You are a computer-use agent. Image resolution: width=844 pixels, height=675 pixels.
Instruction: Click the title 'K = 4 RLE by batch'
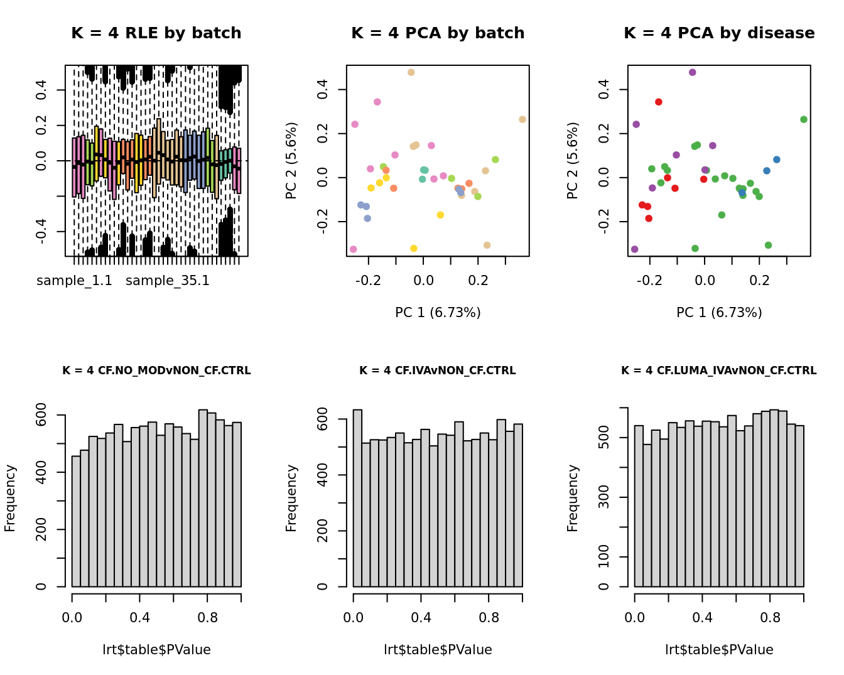[156, 33]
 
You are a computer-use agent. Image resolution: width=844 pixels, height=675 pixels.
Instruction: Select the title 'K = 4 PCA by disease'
[719, 33]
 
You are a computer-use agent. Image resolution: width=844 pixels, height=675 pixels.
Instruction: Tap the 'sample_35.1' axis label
[168, 281]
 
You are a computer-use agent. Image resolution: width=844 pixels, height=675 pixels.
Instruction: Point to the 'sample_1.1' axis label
[74, 281]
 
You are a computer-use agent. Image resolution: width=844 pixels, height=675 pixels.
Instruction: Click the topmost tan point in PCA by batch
[411, 72]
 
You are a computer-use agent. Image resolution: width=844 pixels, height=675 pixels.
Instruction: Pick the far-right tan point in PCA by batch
[522, 119]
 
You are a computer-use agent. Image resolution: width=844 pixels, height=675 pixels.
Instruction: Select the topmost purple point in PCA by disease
[693, 72]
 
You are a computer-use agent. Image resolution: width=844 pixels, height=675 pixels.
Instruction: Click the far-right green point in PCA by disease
[804, 119]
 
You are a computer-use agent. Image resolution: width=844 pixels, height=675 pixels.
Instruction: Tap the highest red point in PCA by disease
[659, 102]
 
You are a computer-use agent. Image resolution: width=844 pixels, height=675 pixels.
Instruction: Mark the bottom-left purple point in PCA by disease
[635, 249]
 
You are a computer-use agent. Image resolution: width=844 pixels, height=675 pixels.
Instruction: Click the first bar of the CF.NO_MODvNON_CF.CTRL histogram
[76, 521]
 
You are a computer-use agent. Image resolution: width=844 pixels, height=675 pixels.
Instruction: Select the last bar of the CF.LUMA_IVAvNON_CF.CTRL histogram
[799, 506]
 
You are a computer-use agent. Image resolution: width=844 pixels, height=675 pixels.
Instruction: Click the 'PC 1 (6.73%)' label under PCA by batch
[438, 313]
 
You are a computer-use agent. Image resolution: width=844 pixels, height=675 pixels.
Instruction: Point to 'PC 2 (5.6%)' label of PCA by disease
[573, 161]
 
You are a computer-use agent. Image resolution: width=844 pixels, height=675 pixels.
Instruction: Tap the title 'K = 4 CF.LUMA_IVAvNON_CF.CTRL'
[719, 371]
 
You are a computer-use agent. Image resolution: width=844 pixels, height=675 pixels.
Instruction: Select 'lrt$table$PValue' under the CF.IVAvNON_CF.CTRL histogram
[438, 650]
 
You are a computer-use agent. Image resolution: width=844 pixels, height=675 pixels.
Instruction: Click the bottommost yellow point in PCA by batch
[414, 249]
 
